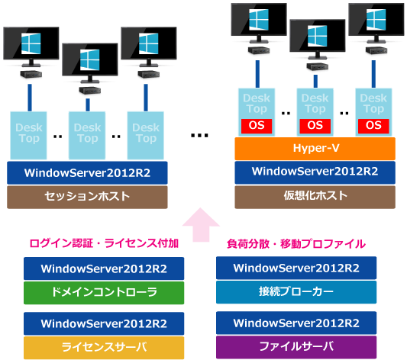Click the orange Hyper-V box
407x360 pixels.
315,149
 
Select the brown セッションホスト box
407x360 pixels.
87,197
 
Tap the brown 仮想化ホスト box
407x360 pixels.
315,197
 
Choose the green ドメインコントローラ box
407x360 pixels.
104,293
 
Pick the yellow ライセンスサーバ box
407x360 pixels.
104,348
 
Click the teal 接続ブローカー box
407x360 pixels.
296,292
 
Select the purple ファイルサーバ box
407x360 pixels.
296,347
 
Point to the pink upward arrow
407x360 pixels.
201,224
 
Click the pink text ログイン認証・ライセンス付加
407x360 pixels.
104,243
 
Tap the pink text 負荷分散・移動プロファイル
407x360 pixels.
296,244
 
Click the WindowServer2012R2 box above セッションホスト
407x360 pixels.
87,173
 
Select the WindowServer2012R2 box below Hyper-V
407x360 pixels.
315,172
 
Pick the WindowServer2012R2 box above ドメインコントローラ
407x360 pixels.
104,268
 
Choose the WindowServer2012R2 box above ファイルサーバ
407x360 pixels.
296,323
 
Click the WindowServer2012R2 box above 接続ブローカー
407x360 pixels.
296,268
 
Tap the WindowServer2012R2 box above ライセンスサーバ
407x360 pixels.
104,323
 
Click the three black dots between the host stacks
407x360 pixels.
199,135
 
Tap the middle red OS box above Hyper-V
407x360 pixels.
315,126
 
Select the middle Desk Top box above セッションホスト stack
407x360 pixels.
87,136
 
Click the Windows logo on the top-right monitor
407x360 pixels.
376,19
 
